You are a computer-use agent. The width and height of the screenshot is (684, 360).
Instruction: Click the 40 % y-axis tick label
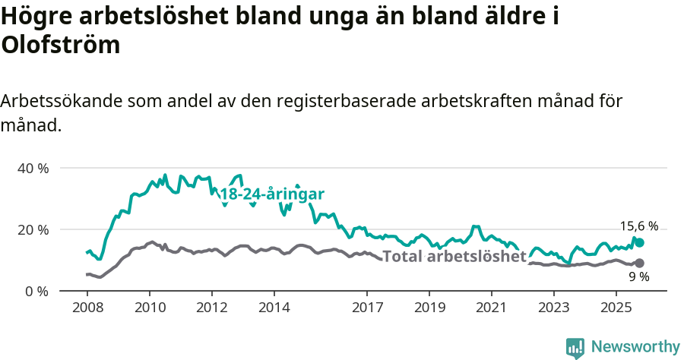[x=32, y=168]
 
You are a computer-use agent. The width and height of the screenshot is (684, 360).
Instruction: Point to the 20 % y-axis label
[x=32, y=229]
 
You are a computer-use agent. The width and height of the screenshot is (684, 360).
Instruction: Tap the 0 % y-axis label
[x=36, y=291]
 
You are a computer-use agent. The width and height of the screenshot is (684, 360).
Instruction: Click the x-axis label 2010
[x=149, y=308]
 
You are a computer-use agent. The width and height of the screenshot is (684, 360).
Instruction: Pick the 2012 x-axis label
[x=211, y=308]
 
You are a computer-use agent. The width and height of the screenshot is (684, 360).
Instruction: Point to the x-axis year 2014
[x=274, y=308]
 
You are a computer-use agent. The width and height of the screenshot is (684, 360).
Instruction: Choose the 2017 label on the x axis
[x=367, y=308]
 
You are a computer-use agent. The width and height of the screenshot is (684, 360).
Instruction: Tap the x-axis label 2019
[x=429, y=308]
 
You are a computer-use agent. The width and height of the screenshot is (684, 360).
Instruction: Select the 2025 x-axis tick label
[x=616, y=308]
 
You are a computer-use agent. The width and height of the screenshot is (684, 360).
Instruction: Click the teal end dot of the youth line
[x=640, y=242]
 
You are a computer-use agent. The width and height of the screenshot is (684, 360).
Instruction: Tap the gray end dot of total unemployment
[x=640, y=263]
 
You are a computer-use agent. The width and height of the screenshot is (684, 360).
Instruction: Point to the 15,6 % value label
[x=639, y=226]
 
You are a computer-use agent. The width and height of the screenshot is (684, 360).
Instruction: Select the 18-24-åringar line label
[x=272, y=194]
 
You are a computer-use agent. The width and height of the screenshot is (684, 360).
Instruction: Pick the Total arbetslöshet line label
[x=454, y=256]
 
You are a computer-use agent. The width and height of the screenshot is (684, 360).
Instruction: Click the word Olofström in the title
[x=61, y=45]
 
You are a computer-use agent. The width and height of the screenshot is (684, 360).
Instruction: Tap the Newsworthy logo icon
[x=575, y=348]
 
